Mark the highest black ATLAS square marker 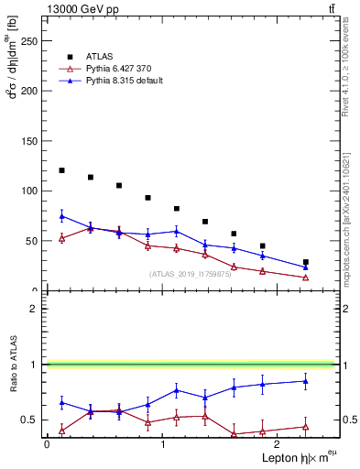[61, 170]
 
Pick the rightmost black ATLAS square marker [306, 262]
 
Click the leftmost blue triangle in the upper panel [61, 216]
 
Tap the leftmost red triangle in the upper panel [61, 238]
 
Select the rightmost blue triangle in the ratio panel [306, 381]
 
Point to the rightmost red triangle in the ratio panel [306, 427]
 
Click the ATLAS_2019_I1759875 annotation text [190, 274]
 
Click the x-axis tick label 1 [162, 444]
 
